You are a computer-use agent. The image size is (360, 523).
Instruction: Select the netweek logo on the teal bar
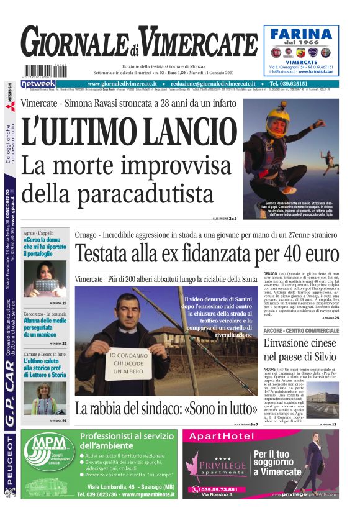tap(38, 83)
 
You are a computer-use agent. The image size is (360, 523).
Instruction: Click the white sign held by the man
tap(127, 363)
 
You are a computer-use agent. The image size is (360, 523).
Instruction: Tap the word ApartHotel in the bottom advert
tap(223, 437)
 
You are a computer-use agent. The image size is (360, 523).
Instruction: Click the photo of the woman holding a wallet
tap(45, 278)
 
